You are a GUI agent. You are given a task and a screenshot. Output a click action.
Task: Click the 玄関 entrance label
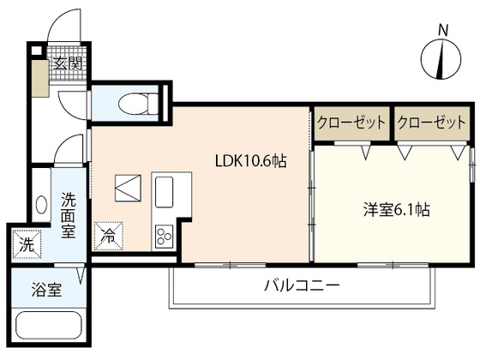point(67,63)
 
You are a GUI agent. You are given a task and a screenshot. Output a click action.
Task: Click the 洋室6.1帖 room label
point(397,209)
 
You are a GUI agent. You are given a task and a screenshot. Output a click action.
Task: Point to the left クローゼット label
point(351,123)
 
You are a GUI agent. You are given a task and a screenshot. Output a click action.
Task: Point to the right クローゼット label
point(431,123)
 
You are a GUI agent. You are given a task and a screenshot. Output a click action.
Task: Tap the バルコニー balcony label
point(301,285)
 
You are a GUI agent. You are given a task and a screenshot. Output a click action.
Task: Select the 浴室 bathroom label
point(47,290)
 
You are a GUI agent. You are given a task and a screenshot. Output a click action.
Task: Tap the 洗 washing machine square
point(26,244)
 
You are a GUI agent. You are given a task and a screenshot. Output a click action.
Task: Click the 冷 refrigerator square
point(110,233)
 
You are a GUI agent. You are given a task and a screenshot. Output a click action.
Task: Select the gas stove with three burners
point(164,234)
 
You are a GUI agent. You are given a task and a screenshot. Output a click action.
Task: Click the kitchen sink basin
point(164,188)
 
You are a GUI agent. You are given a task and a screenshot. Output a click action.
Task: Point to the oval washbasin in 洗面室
point(41,207)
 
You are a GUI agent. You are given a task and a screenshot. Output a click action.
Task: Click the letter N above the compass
point(443,30)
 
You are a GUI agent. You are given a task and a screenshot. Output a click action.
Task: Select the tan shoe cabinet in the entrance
point(39,78)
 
